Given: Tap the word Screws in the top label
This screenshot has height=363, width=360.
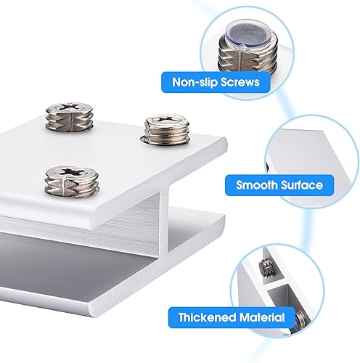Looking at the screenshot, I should [240, 82].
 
